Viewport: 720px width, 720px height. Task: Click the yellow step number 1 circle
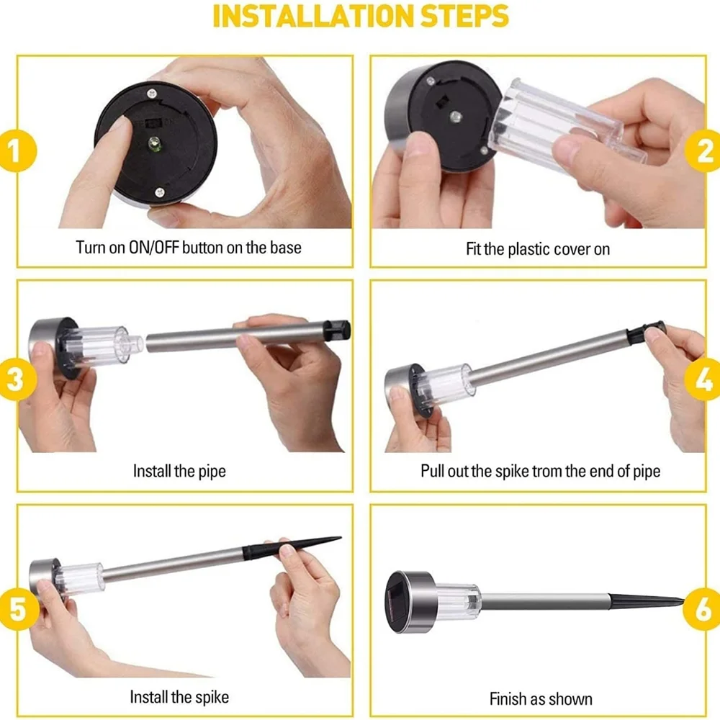(17, 151)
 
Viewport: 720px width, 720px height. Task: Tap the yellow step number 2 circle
(703, 151)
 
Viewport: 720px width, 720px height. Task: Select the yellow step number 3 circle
(17, 379)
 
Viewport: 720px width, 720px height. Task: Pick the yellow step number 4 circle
(703, 379)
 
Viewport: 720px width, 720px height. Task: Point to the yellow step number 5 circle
(17, 609)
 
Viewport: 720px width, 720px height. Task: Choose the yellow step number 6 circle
(703, 609)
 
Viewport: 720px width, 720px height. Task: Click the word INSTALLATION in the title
(313, 17)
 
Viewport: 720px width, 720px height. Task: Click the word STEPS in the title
(464, 17)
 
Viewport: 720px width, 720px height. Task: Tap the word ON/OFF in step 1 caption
(153, 248)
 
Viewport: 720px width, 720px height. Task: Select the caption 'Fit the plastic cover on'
(538, 249)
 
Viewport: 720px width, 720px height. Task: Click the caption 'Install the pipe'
(179, 472)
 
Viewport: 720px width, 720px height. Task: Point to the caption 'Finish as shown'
(541, 699)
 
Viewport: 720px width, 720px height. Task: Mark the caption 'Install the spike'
(179, 697)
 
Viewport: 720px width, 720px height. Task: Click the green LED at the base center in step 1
(154, 144)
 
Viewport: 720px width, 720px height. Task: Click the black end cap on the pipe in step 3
(337, 330)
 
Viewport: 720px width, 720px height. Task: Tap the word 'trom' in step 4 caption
(546, 472)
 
